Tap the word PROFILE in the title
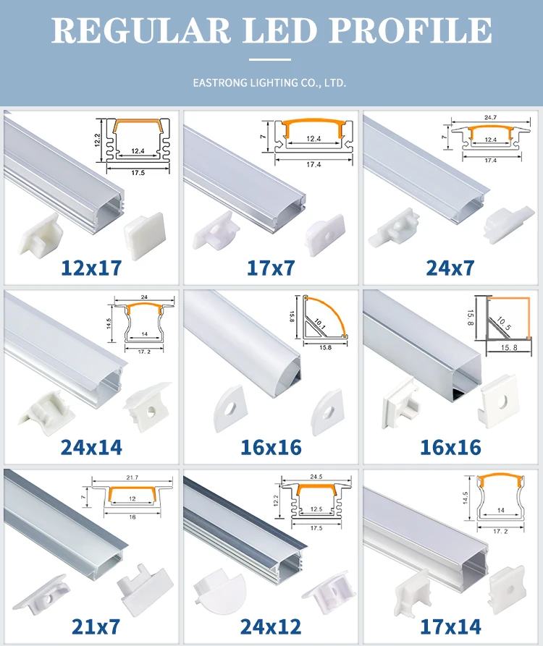click(x=408, y=30)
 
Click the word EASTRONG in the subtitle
click(x=218, y=83)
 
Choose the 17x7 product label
click(x=270, y=268)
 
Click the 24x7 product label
click(x=451, y=268)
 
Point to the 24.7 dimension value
click(x=490, y=116)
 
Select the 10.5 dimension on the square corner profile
click(x=502, y=324)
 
